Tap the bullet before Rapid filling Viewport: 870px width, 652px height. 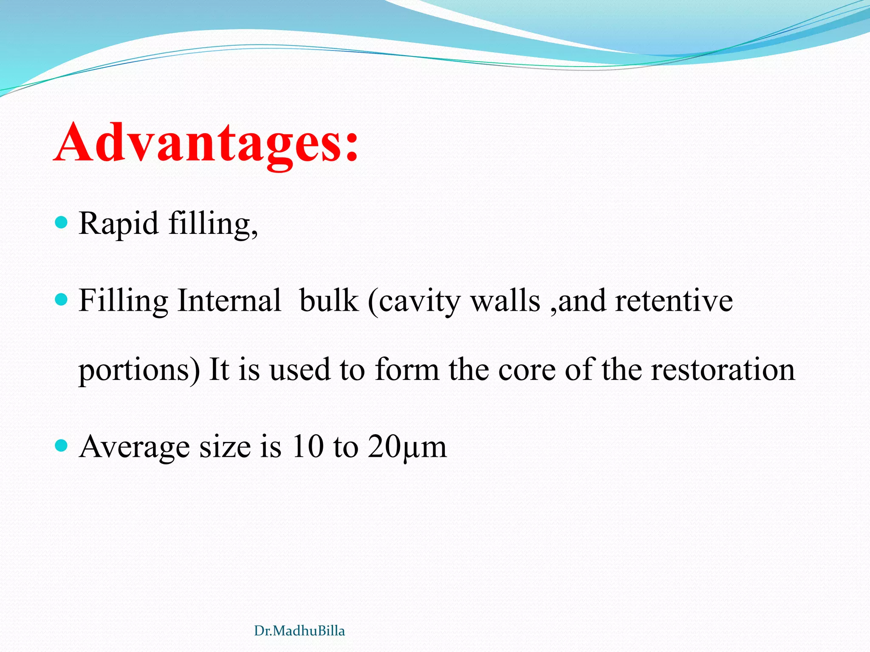pyautogui.click(x=62, y=222)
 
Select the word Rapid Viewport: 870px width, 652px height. pyautogui.click(x=119, y=224)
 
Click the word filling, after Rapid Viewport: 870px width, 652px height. pyautogui.click(x=213, y=224)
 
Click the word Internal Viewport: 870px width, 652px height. pyautogui.click(x=229, y=301)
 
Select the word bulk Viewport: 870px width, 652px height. pyautogui.click(x=328, y=301)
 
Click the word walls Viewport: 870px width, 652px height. pyautogui.click(x=506, y=301)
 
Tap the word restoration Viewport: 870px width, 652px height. pyautogui.click(x=723, y=369)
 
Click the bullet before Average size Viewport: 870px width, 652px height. pyautogui.click(x=62, y=446)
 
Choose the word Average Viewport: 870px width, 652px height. pyautogui.click(x=134, y=447)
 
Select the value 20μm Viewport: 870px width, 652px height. pyautogui.click(x=407, y=447)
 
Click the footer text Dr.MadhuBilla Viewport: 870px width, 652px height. pyautogui.click(x=299, y=631)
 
